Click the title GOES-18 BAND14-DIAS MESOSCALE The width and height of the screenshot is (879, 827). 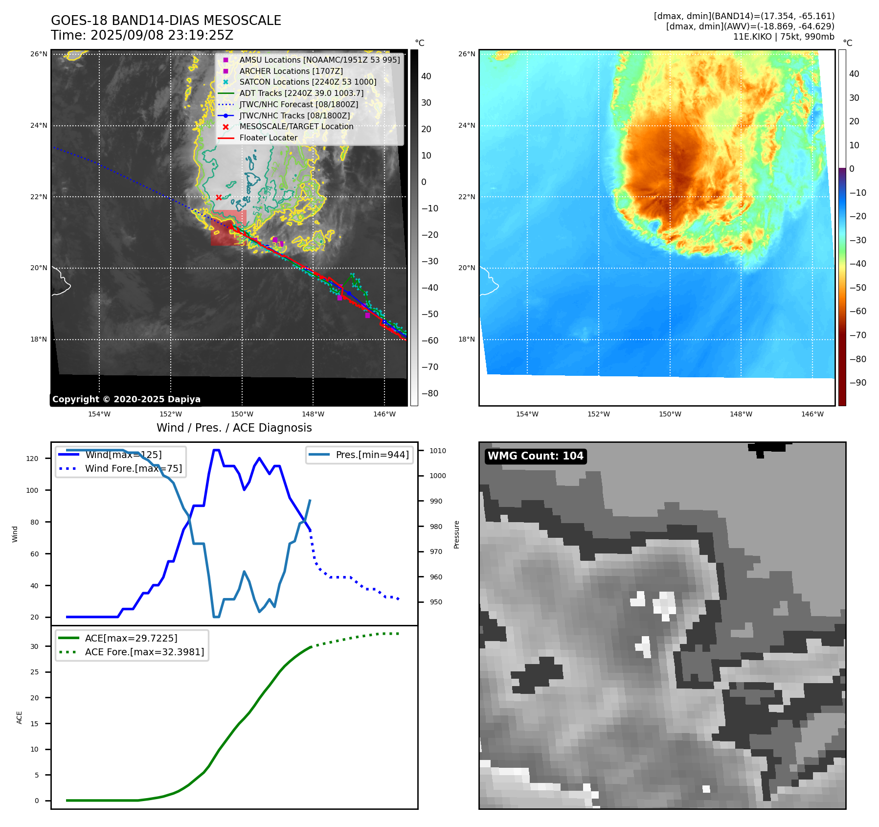point(166,21)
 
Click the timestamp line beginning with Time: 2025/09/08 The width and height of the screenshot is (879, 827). point(142,35)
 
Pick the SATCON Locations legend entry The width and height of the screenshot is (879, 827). point(308,82)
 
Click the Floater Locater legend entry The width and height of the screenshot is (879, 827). point(268,138)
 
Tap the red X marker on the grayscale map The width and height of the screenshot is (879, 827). point(219,198)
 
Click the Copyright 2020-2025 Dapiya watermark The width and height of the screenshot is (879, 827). point(126,399)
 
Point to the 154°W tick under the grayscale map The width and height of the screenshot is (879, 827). point(99,414)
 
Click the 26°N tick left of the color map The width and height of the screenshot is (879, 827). point(466,54)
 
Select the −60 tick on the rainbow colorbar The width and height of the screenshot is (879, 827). point(857,311)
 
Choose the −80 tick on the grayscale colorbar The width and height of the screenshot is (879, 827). point(430,393)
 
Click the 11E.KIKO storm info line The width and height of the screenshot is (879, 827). point(784,37)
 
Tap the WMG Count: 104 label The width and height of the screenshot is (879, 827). point(535,456)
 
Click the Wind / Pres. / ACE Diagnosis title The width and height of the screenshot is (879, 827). point(234,428)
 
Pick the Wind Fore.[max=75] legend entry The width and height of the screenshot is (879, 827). point(133,468)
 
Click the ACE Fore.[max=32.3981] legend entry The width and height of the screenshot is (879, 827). point(144,652)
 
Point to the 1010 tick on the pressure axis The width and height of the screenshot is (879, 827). point(438,451)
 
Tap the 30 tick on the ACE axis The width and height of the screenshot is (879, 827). point(34,646)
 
